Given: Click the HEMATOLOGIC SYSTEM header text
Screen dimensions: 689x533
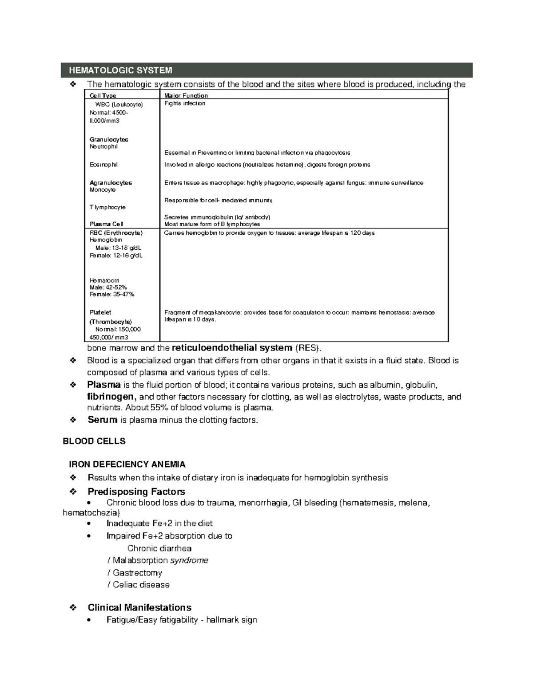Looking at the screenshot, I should pyautogui.click(x=120, y=71).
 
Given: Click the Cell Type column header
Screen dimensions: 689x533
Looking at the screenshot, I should pyautogui.click(x=103, y=95).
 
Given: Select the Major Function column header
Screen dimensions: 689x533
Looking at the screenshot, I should pyautogui.click(x=186, y=95).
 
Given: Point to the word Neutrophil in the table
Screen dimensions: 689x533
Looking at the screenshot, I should pyautogui.click(x=103, y=146).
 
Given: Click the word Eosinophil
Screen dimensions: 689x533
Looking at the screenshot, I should pyautogui.click(x=103, y=165).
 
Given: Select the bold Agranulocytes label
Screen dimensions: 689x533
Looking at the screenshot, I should pyautogui.click(x=111, y=183).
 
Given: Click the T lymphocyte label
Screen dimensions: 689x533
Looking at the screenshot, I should pyautogui.click(x=107, y=207).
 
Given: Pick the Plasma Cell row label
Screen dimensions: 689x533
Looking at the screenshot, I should pyautogui.click(x=106, y=224).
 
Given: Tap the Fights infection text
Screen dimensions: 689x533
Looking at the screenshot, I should pyautogui.click(x=185, y=103).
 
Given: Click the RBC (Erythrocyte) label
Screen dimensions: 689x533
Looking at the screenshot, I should pyautogui.click(x=116, y=232).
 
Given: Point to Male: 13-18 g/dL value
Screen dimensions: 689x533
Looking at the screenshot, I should pyautogui.click(x=118, y=248).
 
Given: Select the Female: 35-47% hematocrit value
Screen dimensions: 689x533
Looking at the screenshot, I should pyautogui.click(x=112, y=294).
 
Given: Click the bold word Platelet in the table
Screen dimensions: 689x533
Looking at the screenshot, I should pyautogui.click(x=100, y=312).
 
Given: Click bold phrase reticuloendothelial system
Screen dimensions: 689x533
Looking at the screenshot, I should pyautogui.click(x=232, y=348).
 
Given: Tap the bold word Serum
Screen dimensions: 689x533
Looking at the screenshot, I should pyautogui.click(x=103, y=420).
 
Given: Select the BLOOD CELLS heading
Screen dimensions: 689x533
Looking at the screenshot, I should pyautogui.click(x=94, y=441).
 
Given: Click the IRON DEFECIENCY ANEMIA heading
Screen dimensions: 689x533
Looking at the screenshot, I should pyautogui.click(x=127, y=465).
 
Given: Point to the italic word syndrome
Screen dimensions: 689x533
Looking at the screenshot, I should pyautogui.click(x=189, y=560).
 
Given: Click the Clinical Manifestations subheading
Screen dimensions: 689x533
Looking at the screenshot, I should pyautogui.click(x=139, y=607).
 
